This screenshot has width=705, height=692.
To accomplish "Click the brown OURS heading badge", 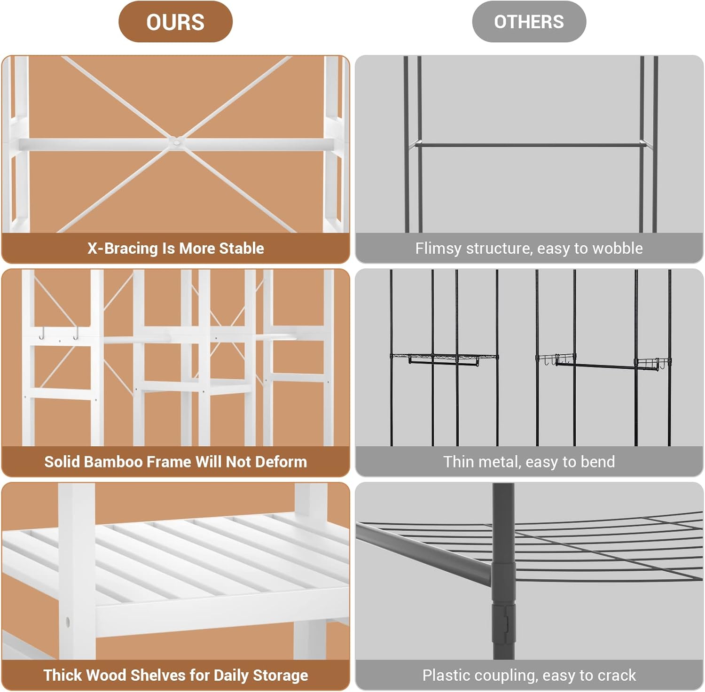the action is (x=175, y=22).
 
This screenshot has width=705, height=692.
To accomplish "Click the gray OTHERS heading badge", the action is (x=529, y=22).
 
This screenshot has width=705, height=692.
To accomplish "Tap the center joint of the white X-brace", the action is (x=176, y=141).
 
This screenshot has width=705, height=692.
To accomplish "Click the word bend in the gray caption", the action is (x=598, y=462).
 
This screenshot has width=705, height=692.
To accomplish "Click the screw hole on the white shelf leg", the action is (x=68, y=622).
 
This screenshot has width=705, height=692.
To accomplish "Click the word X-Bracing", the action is (x=123, y=249).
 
